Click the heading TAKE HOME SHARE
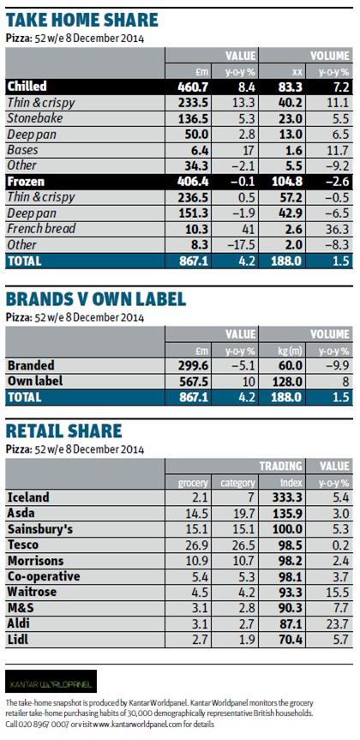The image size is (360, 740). click(81, 20)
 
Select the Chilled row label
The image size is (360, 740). click(27, 87)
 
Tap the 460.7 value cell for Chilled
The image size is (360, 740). click(193, 87)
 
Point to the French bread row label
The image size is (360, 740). click(41, 229)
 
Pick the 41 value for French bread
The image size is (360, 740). click(249, 229)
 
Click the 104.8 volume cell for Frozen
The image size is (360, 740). click(286, 182)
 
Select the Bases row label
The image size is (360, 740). click(22, 150)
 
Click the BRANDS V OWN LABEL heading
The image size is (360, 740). click(96, 299)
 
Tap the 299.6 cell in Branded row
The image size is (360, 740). click(193, 366)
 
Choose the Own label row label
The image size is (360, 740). click(35, 382)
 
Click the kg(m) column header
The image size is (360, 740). click(288, 351)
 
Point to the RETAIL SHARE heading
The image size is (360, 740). click(63, 430)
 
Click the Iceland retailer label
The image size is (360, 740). click(28, 497)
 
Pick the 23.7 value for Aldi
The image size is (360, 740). click(339, 624)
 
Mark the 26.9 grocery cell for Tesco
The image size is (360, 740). click(197, 544)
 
